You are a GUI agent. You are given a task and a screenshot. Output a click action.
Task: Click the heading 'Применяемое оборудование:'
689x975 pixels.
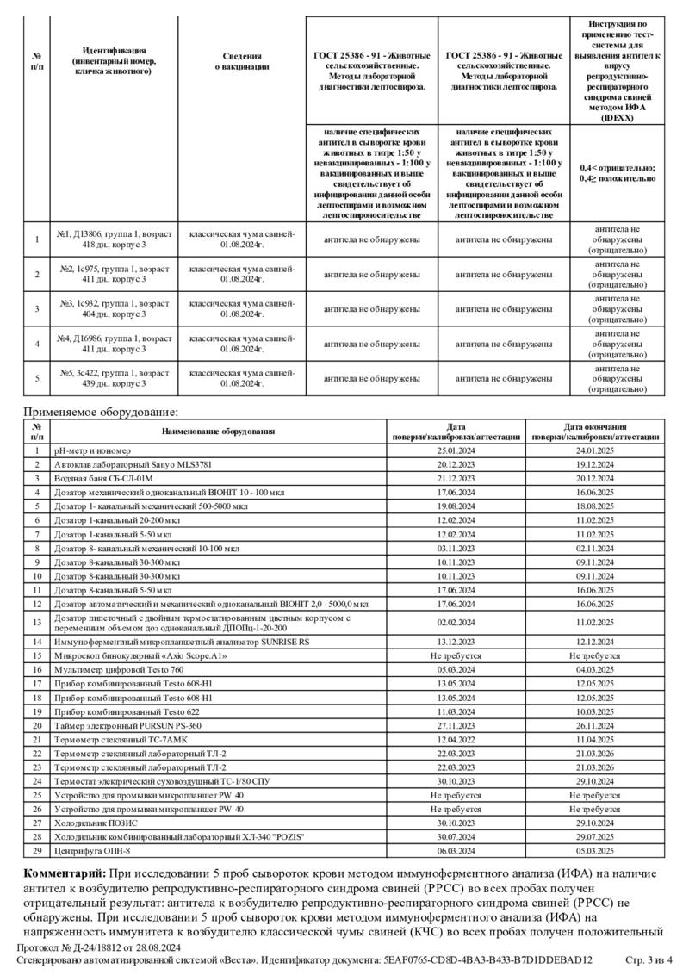(x=100, y=413)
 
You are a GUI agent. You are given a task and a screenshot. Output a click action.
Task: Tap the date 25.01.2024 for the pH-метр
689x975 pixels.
(x=456, y=450)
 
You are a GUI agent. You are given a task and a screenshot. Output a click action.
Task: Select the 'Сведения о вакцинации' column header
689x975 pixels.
(x=242, y=60)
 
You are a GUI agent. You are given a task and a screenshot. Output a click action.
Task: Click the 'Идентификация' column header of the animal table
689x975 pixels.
(x=115, y=60)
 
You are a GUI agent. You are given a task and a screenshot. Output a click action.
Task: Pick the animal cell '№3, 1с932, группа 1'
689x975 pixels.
(x=115, y=308)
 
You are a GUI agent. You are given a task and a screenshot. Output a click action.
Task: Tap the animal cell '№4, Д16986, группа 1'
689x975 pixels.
(x=115, y=344)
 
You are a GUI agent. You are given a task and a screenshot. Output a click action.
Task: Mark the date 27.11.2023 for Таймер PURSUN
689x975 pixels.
(x=456, y=726)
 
